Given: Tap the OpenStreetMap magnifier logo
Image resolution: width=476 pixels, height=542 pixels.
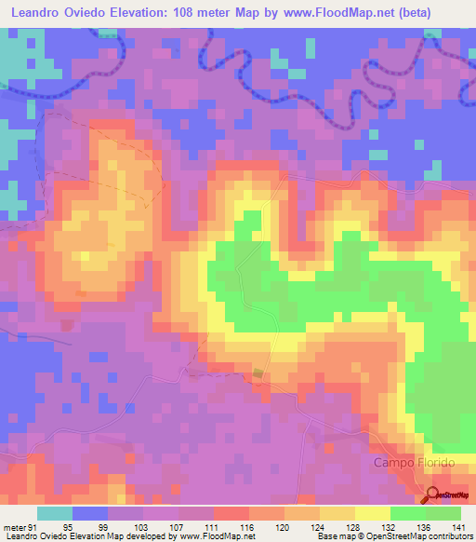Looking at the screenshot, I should click(434, 495).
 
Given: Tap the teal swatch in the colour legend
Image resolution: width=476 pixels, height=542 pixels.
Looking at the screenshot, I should click(55, 513).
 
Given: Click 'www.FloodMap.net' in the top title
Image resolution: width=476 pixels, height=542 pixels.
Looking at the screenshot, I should click(350, 12).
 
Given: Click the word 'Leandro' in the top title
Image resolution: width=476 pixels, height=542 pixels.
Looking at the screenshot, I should click(37, 12).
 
